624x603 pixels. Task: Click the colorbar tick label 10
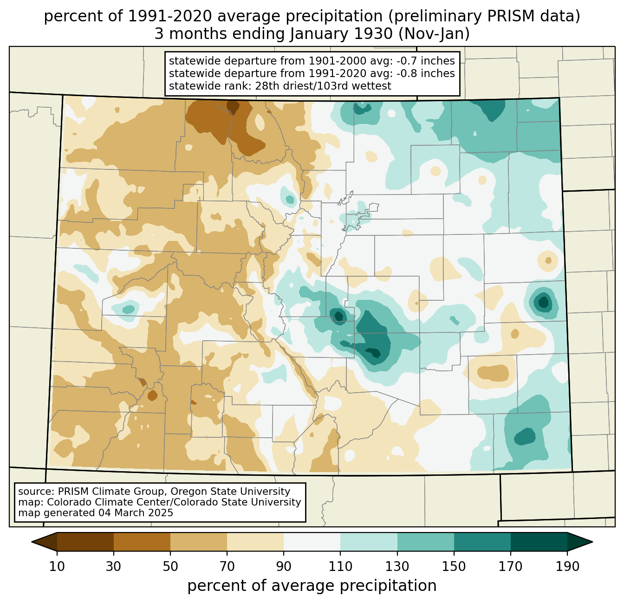pos(57,567)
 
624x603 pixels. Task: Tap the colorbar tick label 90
pos(284,567)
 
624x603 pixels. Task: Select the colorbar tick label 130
pos(397,567)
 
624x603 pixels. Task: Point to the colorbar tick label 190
pos(567,567)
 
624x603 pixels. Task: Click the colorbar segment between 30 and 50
pos(142,542)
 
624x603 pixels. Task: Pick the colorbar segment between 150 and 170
pos(482,542)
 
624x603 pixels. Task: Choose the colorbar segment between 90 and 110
pos(312,542)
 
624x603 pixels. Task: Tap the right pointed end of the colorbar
pos(592,542)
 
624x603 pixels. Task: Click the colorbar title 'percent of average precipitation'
pos(312,586)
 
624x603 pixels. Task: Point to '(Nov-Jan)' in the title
pos(434,34)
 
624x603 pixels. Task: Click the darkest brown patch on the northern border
pos(233,106)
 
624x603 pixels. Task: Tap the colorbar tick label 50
pos(170,567)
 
